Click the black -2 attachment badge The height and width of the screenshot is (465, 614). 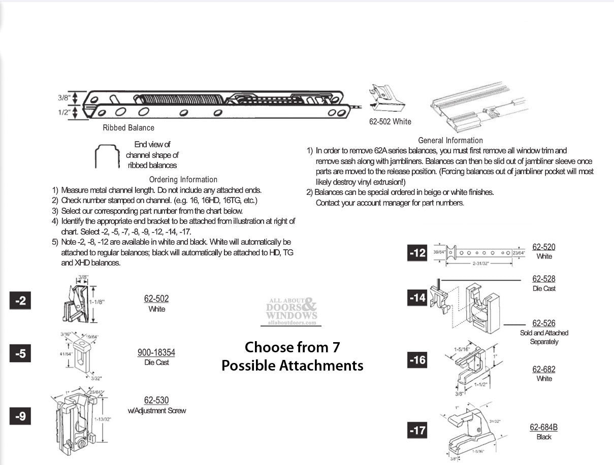(20, 301)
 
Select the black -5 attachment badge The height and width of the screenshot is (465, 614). (20, 353)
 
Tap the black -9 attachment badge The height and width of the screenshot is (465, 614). (20, 416)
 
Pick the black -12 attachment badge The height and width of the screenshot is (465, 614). (417, 253)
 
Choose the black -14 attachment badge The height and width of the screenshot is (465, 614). (417, 297)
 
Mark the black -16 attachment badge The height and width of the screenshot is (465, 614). (417, 360)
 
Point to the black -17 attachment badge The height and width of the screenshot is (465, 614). (417, 430)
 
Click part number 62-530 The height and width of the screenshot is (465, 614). (156, 401)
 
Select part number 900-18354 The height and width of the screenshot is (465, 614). (156, 353)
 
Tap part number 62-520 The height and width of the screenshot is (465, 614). (543, 247)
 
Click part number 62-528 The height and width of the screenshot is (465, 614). (543, 279)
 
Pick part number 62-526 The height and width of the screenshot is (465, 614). (543, 323)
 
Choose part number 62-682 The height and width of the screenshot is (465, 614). (543, 370)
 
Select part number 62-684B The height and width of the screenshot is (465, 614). (543, 427)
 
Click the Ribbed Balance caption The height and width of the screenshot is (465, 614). (128, 128)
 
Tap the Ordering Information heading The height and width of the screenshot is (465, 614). (183, 180)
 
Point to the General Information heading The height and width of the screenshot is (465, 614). (450, 141)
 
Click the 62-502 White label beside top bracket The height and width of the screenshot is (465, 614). (390, 122)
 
